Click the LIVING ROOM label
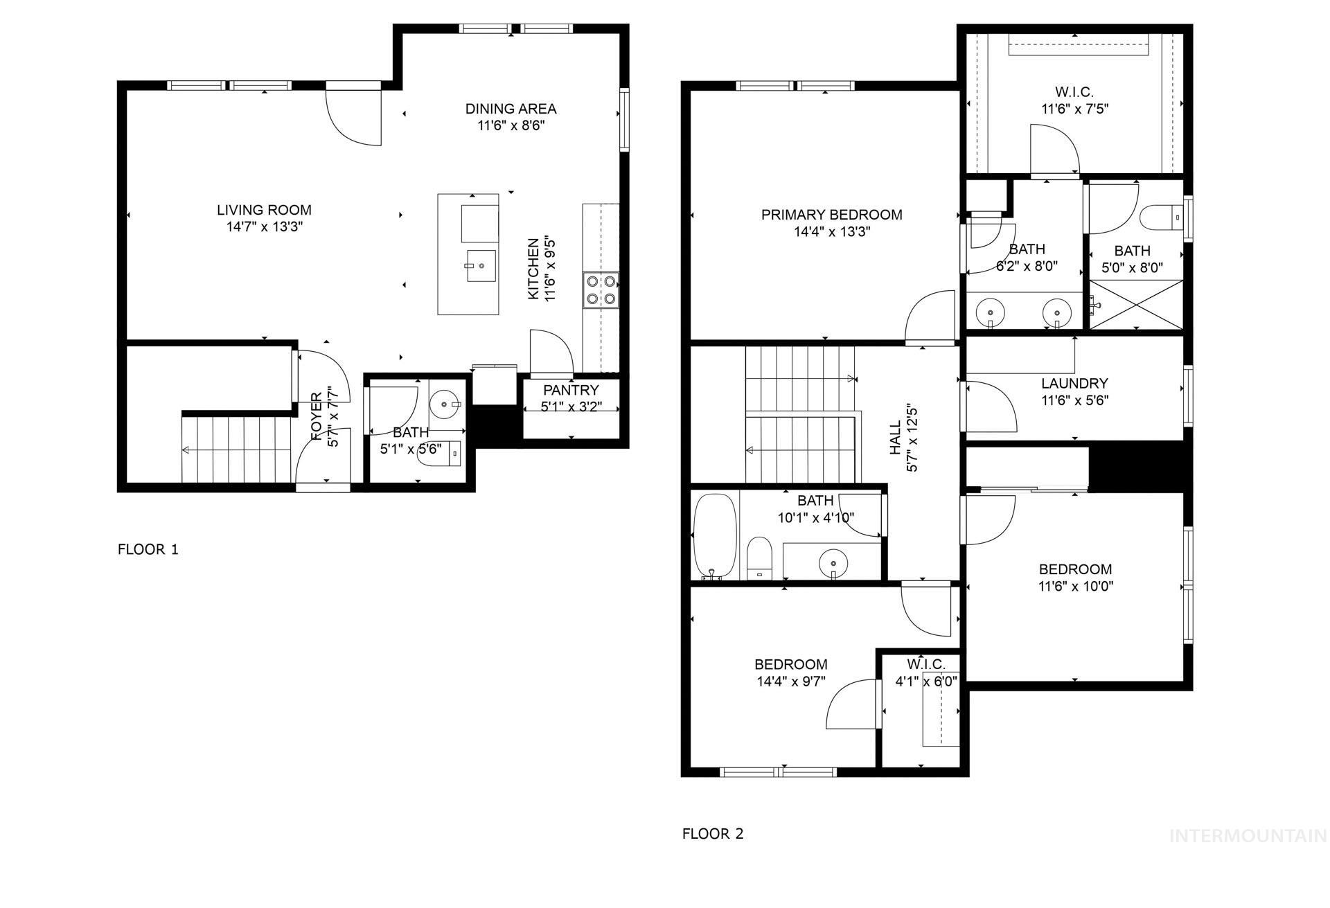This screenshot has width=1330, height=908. pyautogui.click(x=264, y=210)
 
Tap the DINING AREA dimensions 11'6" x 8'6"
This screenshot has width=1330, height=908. pyautogui.click(x=511, y=126)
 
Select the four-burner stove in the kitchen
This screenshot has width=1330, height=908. pyautogui.click(x=601, y=290)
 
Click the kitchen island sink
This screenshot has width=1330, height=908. pyautogui.click(x=481, y=267)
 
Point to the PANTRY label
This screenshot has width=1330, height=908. pyautogui.click(x=571, y=391)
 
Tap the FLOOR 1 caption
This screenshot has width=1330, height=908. pyautogui.click(x=148, y=550)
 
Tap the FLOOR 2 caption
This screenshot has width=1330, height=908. pyautogui.click(x=713, y=834)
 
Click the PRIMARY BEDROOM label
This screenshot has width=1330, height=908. pyautogui.click(x=831, y=215)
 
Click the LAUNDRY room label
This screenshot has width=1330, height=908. pyautogui.click(x=1074, y=384)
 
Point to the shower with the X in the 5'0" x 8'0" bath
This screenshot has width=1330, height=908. pyautogui.click(x=1136, y=305)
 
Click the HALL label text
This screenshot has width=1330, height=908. pyautogui.click(x=895, y=438)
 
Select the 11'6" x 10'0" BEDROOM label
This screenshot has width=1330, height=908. pyautogui.click(x=1075, y=569)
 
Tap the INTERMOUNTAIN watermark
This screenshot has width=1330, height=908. pyautogui.click(x=1248, y=836)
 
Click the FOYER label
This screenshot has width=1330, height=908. pyautogui.click(x=317, y=417)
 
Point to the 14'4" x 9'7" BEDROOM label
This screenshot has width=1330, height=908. pyautogui.click(x=790, y=665)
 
